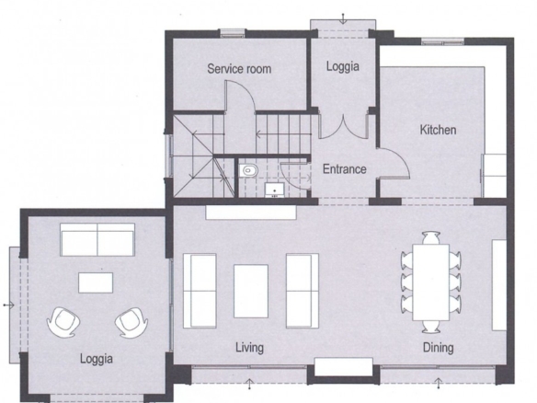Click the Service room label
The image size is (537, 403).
click(239, 69)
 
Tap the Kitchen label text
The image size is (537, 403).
click(438, 130)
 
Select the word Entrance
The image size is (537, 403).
click(345, 169)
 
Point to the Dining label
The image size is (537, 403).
click(439, 348)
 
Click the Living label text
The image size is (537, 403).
click(250, 348)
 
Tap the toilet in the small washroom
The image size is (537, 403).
click(249, 169)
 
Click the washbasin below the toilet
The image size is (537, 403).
click(274, 190)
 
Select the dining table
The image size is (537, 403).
click(431, 282)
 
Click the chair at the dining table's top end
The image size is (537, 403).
click(431, 237)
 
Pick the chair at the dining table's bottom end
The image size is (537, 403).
click(431, 327)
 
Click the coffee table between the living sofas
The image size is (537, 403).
click(251, 292)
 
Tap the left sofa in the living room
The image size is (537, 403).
click(200, 291)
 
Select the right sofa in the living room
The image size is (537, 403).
click(303, 291)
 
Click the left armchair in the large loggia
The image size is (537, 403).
click(63, 322)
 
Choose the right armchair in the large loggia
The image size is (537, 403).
click(131, 322)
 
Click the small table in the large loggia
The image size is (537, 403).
click(96, 282)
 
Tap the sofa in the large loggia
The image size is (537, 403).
click(97, 239)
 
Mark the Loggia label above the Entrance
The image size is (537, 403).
click(343, 66)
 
